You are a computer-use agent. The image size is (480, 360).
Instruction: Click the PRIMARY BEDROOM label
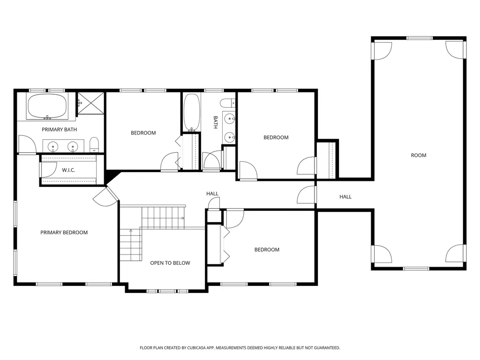coord(64,232)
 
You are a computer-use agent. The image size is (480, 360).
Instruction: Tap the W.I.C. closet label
coord(68,170)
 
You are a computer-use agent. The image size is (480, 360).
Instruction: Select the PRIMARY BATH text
coord(60,129)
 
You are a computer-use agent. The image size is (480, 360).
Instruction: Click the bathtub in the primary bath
coord(47,106)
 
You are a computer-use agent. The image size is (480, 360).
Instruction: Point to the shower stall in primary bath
coord(90,103)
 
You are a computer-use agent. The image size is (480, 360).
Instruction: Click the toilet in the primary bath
coord(94,144)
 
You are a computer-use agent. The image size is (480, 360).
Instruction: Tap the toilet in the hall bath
coord(228,103)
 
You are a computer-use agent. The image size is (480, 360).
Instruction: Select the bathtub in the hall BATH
coord(192,112)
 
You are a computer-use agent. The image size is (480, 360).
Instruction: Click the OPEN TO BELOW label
coord(170,263)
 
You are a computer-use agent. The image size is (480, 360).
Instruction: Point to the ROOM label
coord(419,155)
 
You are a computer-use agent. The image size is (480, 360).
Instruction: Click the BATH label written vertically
coord(215,122)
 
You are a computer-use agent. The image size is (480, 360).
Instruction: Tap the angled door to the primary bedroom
coord(105,196)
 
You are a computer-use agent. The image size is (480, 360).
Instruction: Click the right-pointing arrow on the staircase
coord(182,218)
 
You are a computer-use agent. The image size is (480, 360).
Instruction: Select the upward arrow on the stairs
coord(131,231)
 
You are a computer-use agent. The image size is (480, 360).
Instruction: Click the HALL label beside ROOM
coord(345,197)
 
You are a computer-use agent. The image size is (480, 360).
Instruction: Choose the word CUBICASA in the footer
coord(198,348)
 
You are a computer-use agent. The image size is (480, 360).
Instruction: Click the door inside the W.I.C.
coord(49,170)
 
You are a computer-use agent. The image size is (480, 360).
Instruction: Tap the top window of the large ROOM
coord(420,38)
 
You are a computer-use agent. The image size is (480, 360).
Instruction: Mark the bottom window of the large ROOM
coord(416,269)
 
